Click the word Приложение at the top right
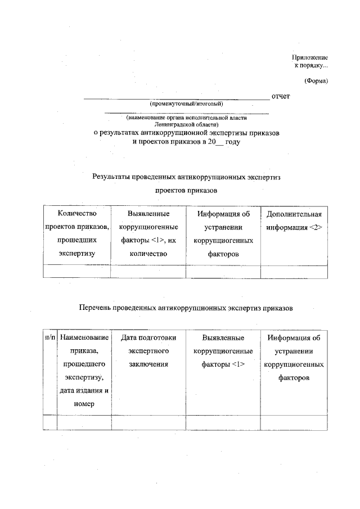310,58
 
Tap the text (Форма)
316,80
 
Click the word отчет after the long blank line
281,96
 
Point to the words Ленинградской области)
186,123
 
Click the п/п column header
50,338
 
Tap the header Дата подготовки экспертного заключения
148,351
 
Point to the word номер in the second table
84,404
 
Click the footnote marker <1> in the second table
237,364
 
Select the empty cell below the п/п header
50,422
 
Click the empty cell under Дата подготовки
148,422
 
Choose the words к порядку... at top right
312,66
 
